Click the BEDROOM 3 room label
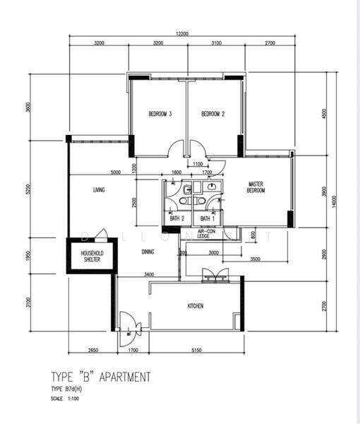[x=161, y=114]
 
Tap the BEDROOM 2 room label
[x=212, y=114]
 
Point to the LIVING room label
[x=99, y=189]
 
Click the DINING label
[x=148, y=251]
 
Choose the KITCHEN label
[x=196, y=306]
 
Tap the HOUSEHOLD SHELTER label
[x=91, y=257]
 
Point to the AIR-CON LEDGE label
[x=207, y=234]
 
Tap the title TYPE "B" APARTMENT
[x=100, y=377]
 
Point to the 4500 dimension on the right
[x=324, y=113]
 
